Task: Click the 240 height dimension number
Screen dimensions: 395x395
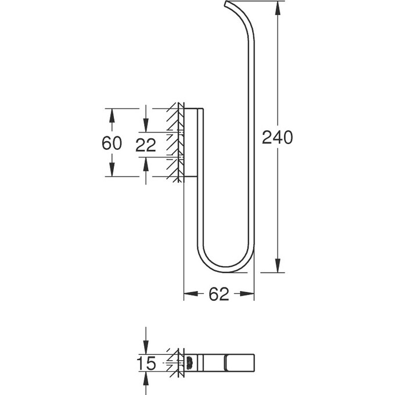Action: pyautogui.click(x=278, y=138)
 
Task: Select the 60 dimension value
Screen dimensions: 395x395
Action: pyautogui.click(x=112, y=143)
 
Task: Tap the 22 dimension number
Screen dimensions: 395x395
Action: pyautogui.click(x=146, y=145)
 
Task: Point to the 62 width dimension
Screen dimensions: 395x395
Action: pyautogui.click(x=218, y=295)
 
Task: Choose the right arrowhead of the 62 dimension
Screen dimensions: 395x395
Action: pyautogui.click(x=249, y=295)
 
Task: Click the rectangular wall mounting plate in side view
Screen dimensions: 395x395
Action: pyautogui.click(x=194, y=142)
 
